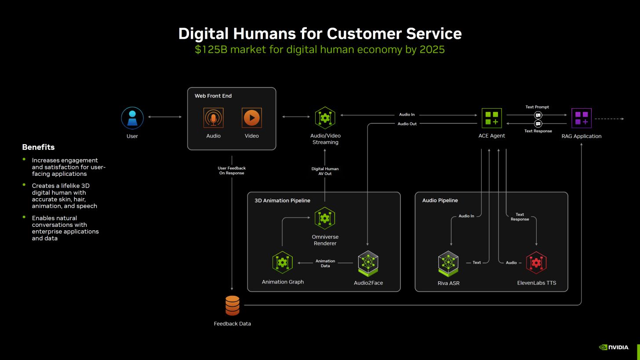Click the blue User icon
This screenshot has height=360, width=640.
132,118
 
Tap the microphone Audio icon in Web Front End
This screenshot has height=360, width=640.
213,118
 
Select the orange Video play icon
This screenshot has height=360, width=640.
251,118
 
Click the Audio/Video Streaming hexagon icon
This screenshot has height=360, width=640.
325,118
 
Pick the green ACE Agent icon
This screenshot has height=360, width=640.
491,118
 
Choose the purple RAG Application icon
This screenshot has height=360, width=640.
581,118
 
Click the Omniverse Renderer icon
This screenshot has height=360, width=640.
325,218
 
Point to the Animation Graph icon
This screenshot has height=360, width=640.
282,262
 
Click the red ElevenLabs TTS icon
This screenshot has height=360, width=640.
536,263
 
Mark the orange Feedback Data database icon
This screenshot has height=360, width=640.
232,305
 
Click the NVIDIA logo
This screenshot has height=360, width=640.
614,347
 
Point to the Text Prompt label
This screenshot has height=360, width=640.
537,107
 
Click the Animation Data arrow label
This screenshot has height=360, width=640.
325,263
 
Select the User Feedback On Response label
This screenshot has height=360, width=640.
232,171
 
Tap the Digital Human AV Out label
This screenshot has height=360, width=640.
325,171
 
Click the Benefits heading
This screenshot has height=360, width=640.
38,147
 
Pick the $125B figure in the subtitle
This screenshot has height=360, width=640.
211,49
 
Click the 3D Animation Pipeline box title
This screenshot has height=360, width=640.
282,200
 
